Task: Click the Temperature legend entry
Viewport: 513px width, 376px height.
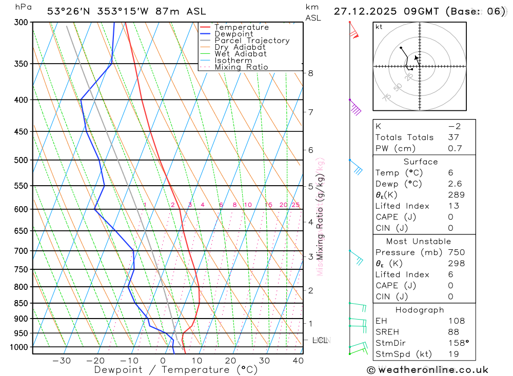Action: click(x=241, y=27)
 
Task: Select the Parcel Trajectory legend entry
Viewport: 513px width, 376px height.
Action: click(x=252, y=41)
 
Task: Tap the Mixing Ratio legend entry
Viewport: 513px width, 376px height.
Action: click(x=241, y=67)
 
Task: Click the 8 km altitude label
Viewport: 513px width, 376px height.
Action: click(x=311, y=73)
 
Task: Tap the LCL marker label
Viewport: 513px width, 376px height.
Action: click(x=320, y=340)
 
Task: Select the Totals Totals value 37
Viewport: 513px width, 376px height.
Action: click(x=454, y=137)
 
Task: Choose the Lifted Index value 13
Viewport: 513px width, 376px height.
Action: click(x=453, y=206)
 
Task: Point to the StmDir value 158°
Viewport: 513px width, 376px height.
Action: click(x=458, y=343)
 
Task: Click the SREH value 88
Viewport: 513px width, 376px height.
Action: click(x=453, y=332)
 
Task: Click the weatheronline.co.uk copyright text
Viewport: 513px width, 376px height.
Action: click(x=427, y=370)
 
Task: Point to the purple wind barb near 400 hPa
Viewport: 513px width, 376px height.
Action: click(x=355, y=108)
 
